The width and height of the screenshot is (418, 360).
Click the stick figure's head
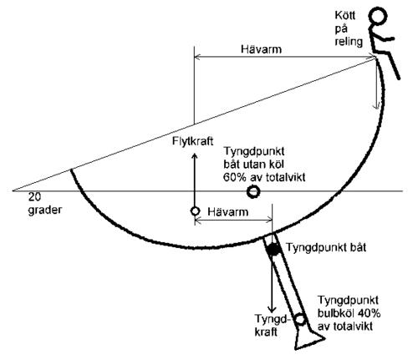click(378, 16)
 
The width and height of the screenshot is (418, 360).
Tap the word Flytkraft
click(192, 141)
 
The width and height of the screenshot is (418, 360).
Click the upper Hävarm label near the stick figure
click(261, 49)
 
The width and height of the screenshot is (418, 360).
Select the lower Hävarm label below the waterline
click(227, 212)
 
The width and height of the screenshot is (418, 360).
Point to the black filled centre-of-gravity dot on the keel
click(273, 249)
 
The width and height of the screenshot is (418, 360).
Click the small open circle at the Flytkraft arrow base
click(195, 211)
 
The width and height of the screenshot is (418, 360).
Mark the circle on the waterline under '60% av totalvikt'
click(253, 191)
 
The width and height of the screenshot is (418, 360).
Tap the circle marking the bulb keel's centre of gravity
click(300, 318)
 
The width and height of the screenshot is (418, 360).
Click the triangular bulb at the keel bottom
click(309, 340)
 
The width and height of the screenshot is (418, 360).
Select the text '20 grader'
click(44, 203)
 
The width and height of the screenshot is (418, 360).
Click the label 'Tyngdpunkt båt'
click(326, 247)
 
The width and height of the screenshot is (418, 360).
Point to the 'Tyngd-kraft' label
click(271, 325)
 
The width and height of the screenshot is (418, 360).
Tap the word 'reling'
click(349, 41)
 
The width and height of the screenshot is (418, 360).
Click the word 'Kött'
click(345, 15)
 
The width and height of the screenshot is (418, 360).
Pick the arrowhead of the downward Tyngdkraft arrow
click(272, 308)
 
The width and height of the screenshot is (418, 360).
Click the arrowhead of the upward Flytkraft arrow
click(195, 156)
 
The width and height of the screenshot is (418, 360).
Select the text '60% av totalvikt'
click(264, 177)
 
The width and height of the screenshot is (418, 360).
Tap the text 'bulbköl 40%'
click(349, 313)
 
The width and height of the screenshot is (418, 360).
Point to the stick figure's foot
click(399, 77)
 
